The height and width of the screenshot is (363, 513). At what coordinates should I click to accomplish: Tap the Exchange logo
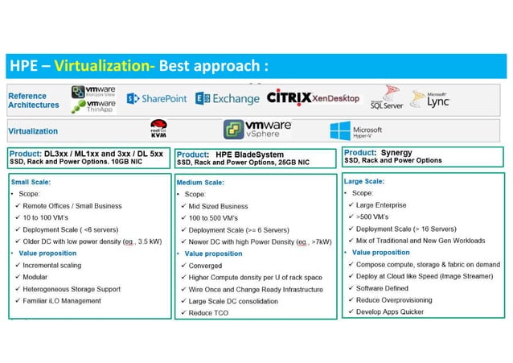coord(228,98)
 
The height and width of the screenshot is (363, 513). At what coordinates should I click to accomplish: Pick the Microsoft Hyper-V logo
coord(355,130)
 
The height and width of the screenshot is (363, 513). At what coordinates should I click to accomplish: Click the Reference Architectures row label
coord(34,100)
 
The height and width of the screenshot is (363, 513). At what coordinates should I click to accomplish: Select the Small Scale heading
coord(29,183)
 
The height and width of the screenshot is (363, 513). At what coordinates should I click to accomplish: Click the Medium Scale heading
coord(200,183)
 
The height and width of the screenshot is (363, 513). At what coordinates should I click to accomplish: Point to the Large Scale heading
coord(364,182)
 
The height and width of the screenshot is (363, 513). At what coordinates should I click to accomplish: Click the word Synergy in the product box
coord(396,151)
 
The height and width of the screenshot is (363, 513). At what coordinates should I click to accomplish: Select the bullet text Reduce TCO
coord(209,312)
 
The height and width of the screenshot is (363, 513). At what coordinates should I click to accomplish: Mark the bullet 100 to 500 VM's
coord(217,217)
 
